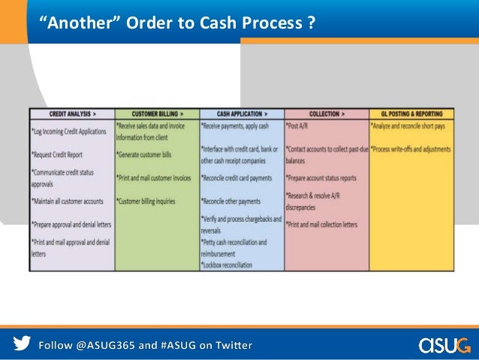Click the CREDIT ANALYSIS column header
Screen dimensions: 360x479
72,113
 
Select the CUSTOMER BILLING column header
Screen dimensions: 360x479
157,113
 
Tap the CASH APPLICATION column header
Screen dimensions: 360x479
242,113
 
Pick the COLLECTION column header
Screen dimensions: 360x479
327,113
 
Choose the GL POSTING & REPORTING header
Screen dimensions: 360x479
411,113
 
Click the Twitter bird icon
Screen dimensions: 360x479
23,345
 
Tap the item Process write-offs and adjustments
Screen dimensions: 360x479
412,150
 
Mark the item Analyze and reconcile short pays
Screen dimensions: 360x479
411,126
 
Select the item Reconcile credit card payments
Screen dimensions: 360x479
237,178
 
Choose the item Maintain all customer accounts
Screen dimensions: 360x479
68,201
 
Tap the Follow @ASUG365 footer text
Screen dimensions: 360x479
146,346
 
